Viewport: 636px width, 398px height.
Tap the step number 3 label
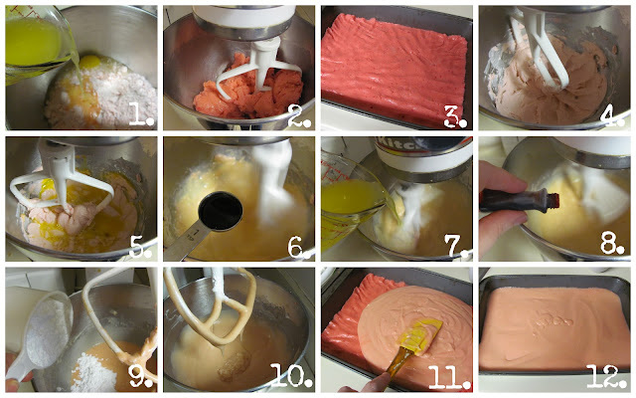click(x=455, y=116)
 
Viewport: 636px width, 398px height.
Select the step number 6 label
click(x=299, y=247)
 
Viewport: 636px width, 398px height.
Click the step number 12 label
click(x=607, y=376)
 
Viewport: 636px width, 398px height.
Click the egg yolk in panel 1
click(x=89, y=62)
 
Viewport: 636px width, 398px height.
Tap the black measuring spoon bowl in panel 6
click(x=221, y=211)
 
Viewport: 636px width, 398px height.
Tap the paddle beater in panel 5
click(x=61, y=183)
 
